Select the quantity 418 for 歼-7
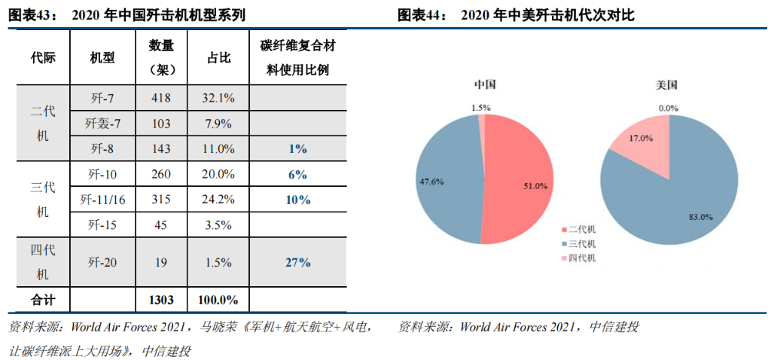click(161, 97)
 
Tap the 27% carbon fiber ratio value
click(298, 262)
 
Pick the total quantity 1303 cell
click(161, 300)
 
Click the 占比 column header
click(218, 58)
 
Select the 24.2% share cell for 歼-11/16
click(218, 200)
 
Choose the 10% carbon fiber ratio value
click(298, 200)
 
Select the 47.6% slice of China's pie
click(444, 181)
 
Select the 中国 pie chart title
click(485, 84)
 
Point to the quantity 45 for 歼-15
click(161, 224)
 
